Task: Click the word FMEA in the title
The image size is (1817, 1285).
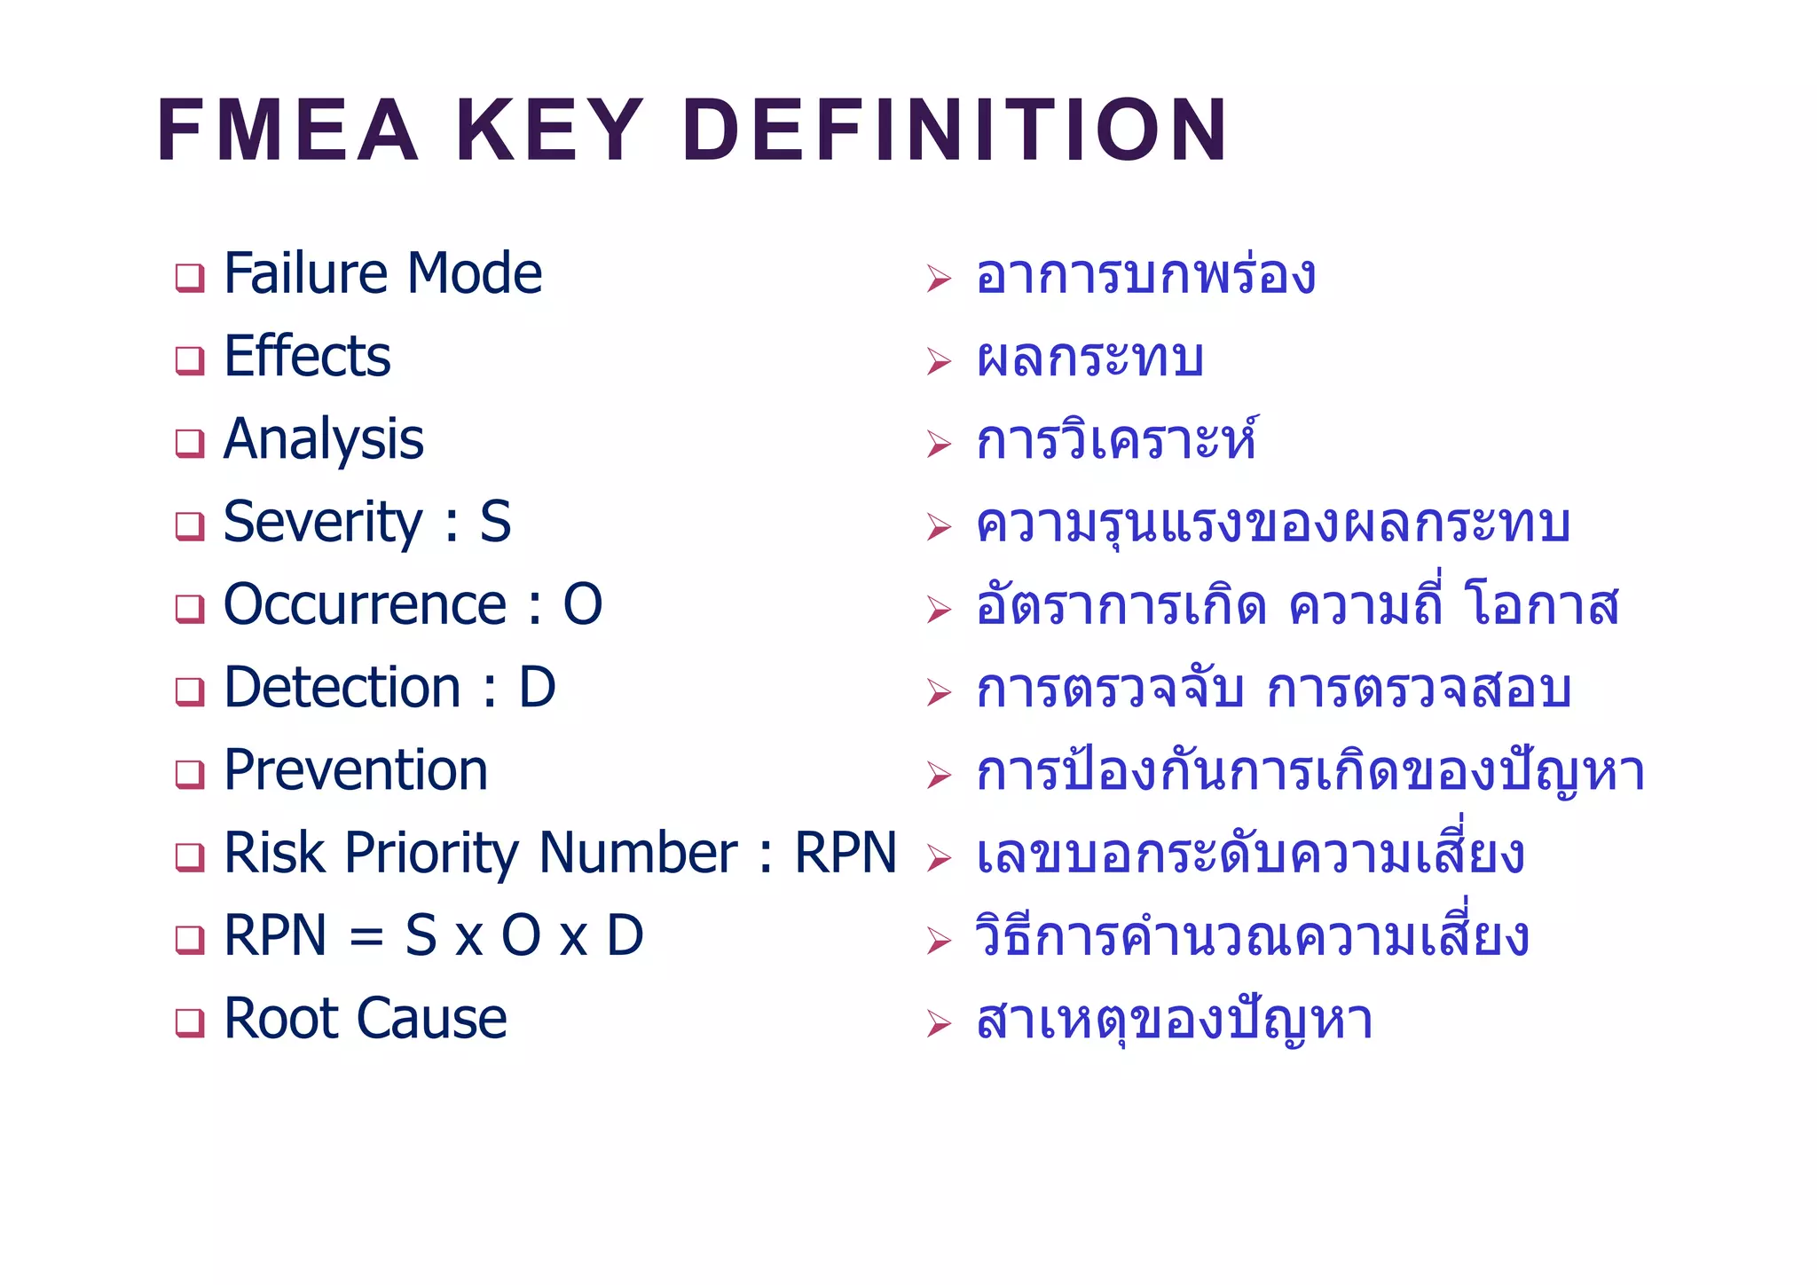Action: pyautogui.click(x=286, y=131)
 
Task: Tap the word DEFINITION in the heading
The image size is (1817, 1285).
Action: pyautogui.click(x=955, y=131)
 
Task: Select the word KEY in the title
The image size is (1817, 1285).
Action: pyautogui.click(x=549, y=131)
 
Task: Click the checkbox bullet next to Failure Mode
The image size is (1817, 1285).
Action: pyautogui.click(x=189, y=278)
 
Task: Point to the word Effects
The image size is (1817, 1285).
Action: pyautogui.click(x=307, y=357)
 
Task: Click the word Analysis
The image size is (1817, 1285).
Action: pyautogui.click(x=324, y=440)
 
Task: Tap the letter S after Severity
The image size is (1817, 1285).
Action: pyautogui.click(x=495, y=522)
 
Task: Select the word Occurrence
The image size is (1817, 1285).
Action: pyautogui.click(x=365, y=605)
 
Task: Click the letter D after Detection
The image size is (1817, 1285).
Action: pyautogui.click(x=537, y=688)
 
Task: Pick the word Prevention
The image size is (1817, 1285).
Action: pyautogui.click(x=356, y=770)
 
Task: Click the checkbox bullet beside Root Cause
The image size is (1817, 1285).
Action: pyautogui.click(x=189, y=1022)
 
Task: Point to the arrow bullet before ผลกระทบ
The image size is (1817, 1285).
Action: pyautogui.click(x=938, y=361)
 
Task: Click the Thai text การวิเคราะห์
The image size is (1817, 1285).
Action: pyautogui.click(x=1115, y=440)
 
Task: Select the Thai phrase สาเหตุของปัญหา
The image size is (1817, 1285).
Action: pyautogui.click(x=1174, y=1021)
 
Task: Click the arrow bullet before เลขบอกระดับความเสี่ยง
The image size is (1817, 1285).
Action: pyautogui.click(x=938, y=858)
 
